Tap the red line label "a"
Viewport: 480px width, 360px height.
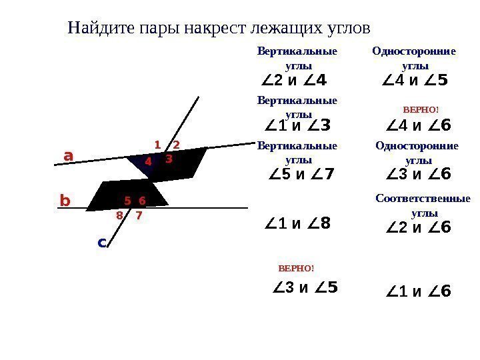[68, 155]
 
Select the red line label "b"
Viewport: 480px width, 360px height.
[65, 200]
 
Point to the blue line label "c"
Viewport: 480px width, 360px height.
[102, 243]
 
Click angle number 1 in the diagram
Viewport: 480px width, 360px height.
[157, 144]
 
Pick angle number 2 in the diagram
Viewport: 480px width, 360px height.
[176, 144]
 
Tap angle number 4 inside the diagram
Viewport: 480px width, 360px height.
[148, 161]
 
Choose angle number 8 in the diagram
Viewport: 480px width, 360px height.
[119, 215]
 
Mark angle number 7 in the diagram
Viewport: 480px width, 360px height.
[139, 215]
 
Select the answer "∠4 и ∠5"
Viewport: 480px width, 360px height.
[415, 81]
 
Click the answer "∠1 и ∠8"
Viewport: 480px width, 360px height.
[297, 224]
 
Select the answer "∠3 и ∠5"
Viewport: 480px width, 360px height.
[306, 288]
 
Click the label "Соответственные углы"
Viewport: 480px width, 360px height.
[423, 206]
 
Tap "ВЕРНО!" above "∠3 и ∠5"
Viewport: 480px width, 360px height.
[295, 268]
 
